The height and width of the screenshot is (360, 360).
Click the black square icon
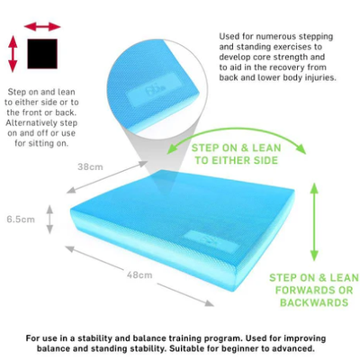pos(42,54)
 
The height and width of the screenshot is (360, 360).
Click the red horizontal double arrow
pos(42,27)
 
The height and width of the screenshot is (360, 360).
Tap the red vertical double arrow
pos(13,54)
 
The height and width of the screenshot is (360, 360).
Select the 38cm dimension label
pos(90,166)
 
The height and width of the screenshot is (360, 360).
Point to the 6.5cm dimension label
pos(21,220)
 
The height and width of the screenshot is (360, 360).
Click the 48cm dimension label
pos(139,274)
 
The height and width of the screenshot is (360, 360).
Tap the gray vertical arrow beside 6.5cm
pos(49,220)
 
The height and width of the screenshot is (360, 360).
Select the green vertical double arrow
pos(314,221)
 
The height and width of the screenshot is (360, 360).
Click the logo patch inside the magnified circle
pos(154,88)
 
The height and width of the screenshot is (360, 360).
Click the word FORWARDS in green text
pos(303,290)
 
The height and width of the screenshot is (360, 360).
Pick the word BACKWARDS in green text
pos(314,302)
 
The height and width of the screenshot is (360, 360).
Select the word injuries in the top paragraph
pos(320,77)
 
